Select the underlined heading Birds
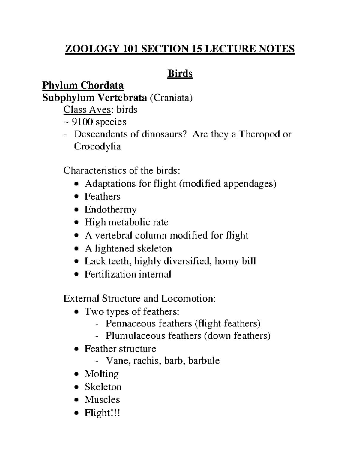tap(180, 74)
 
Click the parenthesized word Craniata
tap(171, 98)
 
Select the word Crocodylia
tap(97, 146)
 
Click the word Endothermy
tap(110, 209)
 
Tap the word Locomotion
tap(188, 299)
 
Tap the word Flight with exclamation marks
tap(102, 413)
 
